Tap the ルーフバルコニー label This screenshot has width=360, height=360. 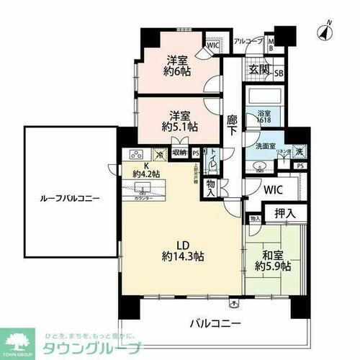(70, 197)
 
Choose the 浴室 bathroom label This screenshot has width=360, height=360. (264, 113)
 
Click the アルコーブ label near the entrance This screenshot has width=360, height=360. (247, 42)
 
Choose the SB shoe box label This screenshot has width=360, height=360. (278, 73)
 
